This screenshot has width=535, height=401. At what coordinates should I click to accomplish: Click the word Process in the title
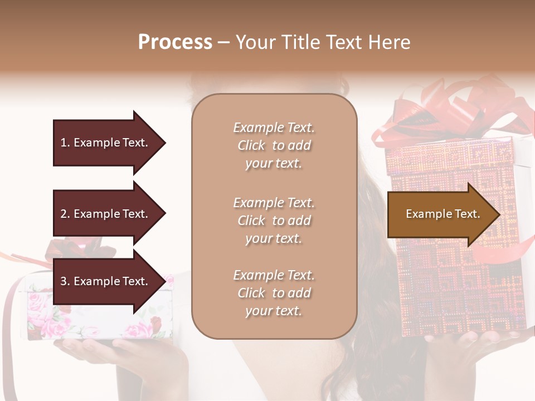point(175,42)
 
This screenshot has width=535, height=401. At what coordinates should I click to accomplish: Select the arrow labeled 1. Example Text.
point(106,143)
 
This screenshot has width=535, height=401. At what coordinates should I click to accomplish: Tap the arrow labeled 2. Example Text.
point(106,214)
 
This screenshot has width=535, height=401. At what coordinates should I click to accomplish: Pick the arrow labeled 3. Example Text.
point(106,281)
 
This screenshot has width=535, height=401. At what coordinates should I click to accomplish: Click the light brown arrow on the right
point(440,214)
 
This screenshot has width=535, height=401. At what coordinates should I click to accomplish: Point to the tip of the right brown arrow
point(499,214)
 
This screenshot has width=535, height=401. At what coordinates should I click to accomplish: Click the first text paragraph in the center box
point(274,145)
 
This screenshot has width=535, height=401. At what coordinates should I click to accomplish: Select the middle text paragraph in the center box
point(274,221)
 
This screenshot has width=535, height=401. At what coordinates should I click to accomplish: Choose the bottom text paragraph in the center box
point(274,293)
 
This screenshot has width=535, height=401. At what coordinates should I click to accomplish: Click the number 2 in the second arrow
point(63,214)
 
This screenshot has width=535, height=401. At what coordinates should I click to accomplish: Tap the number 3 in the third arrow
point(63,281)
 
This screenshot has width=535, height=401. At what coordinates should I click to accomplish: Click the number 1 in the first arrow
point(63,143)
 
